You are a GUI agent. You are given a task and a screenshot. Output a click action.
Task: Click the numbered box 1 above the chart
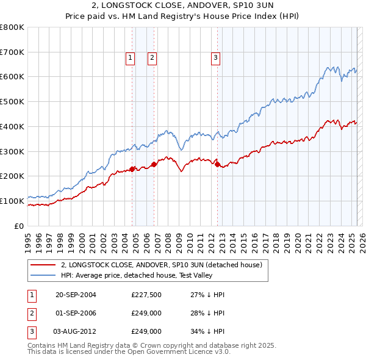coord(131,58)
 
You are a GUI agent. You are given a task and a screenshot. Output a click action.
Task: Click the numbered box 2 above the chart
coord(152,58)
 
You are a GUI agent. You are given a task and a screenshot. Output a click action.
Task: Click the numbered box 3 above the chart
coord(216,58)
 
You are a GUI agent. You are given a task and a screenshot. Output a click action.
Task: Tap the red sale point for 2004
coord(132,169)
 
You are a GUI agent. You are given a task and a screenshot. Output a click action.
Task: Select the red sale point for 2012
coord(217,164)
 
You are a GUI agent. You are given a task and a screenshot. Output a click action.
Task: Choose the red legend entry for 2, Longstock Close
coord(161,265)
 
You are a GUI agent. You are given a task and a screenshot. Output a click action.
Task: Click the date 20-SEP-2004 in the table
coord(76,295)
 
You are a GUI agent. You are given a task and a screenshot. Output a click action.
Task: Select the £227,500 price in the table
coord(146,295)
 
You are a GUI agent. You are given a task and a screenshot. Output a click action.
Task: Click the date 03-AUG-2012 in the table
coord(76,331)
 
